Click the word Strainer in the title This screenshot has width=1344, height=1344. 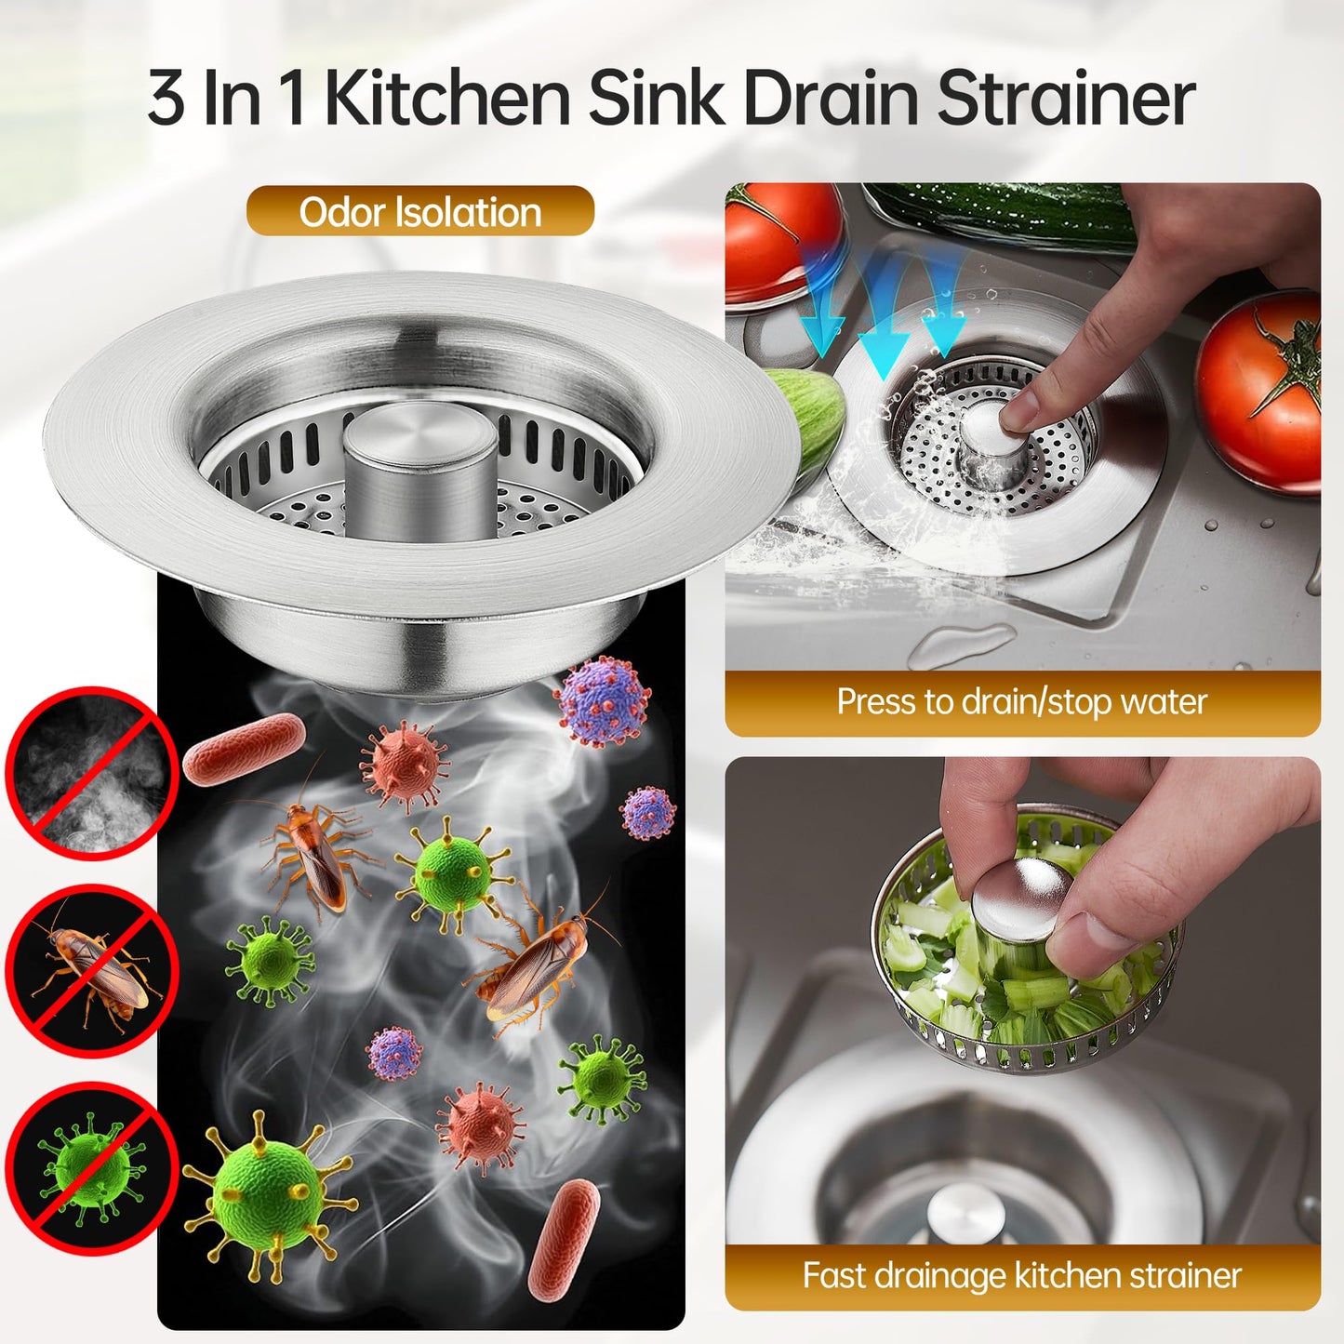[x=1065, y=100]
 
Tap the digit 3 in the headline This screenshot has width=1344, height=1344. [x=166, y=100]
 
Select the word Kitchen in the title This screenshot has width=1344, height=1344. [x=446, y=100]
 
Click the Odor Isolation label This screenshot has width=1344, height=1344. [x=419, y=212]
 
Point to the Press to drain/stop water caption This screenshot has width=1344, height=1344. [x=1021, y=702]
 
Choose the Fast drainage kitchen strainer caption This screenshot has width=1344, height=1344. [x=1021, y=1275]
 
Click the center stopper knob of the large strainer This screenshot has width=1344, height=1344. [x=419, y=470]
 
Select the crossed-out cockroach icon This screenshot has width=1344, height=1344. [x=91, y=970]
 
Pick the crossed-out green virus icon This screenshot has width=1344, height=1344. [x=91, y=1168]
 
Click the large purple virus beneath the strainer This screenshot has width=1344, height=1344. [x=602, y=700]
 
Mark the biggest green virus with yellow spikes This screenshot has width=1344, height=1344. [x=268, y=1193]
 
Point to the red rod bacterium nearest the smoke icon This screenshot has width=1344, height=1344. [x=244, y=749]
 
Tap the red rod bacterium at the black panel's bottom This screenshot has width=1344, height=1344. [x=564, y=1240]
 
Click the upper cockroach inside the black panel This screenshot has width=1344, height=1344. [x=314, y=854]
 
